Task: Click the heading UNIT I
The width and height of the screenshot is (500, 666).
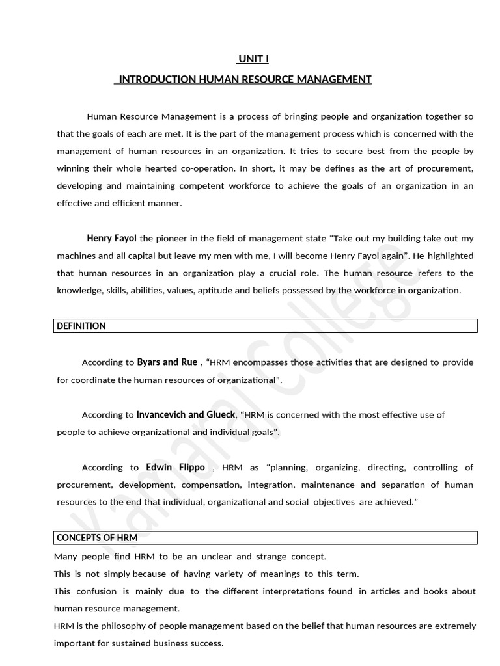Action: pyautogui.click(x=253, y=59)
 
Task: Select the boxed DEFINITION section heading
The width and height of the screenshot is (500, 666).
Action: pyautogui.click(x=81, y=326)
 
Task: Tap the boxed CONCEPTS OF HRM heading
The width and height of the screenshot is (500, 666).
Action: pyautogui.click(x=97, y=538)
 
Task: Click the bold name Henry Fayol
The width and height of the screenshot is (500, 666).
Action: pyautogui.click(x=111, y=239)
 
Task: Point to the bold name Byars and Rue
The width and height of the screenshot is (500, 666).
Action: pyautogui.click(x=167, y=362)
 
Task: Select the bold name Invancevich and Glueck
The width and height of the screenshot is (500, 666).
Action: pyautogui.click(x=186, y=414)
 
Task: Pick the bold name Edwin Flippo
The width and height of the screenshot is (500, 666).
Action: pyautogui.click(x=175, y=468)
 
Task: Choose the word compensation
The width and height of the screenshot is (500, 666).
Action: pyautogui.click(x=211, y=485)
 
